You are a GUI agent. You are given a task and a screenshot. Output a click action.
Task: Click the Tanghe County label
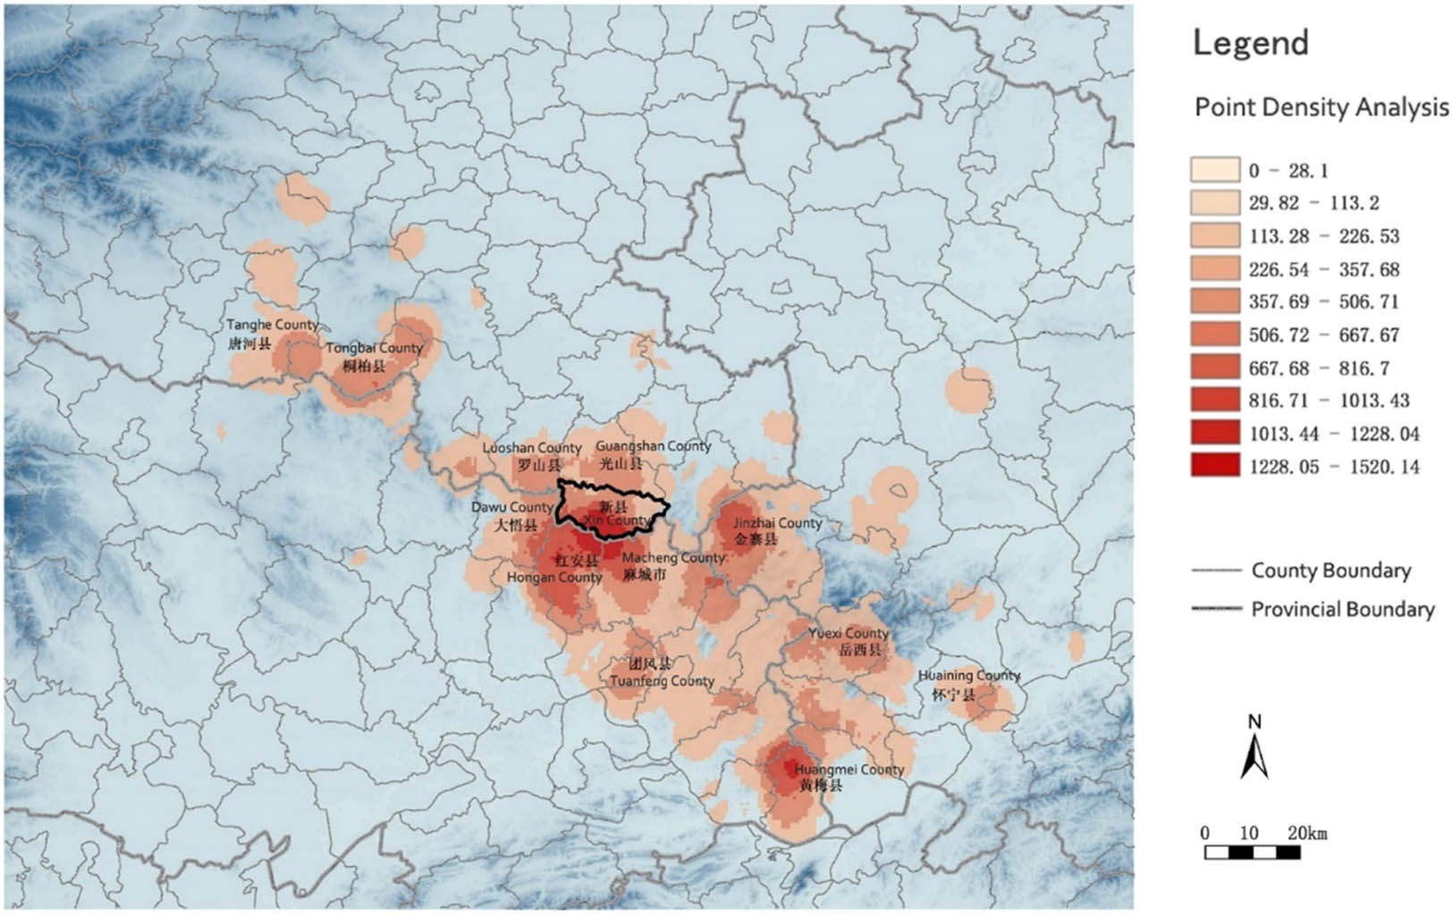pos(272,325)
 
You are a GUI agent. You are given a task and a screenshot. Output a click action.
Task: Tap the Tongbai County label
pos(374,348)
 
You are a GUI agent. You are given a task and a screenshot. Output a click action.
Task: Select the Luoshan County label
pos(532,447)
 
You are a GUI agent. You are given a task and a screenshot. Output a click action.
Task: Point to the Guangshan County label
pos(653,445)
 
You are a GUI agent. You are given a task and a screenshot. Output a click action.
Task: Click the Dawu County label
pos(512,507)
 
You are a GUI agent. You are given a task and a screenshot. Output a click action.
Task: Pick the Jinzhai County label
pos(777,522)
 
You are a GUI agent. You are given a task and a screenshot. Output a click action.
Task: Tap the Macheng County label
pos(672,557)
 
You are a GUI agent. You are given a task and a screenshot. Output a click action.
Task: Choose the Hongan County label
pos(554,578)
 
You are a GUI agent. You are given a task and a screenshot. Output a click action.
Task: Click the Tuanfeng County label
pos(662,681)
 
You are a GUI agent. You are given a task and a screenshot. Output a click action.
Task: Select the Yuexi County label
pos(848,633)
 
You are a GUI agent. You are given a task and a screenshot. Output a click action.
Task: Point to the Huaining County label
pos(969,676)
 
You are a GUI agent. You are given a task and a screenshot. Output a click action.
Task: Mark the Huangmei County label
pos(849,769)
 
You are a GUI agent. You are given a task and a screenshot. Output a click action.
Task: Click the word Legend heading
pos(1251,43)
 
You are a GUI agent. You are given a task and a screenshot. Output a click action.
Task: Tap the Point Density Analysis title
pos(1322,107)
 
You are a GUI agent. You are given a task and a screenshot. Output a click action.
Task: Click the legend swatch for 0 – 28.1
pos(1215,170)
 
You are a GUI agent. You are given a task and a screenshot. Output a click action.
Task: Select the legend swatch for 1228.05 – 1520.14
pos(1215,465)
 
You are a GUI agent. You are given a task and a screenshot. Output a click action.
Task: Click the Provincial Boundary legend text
pos(1342,609)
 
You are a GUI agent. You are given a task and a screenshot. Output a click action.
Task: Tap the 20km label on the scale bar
pos(1307,833)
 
